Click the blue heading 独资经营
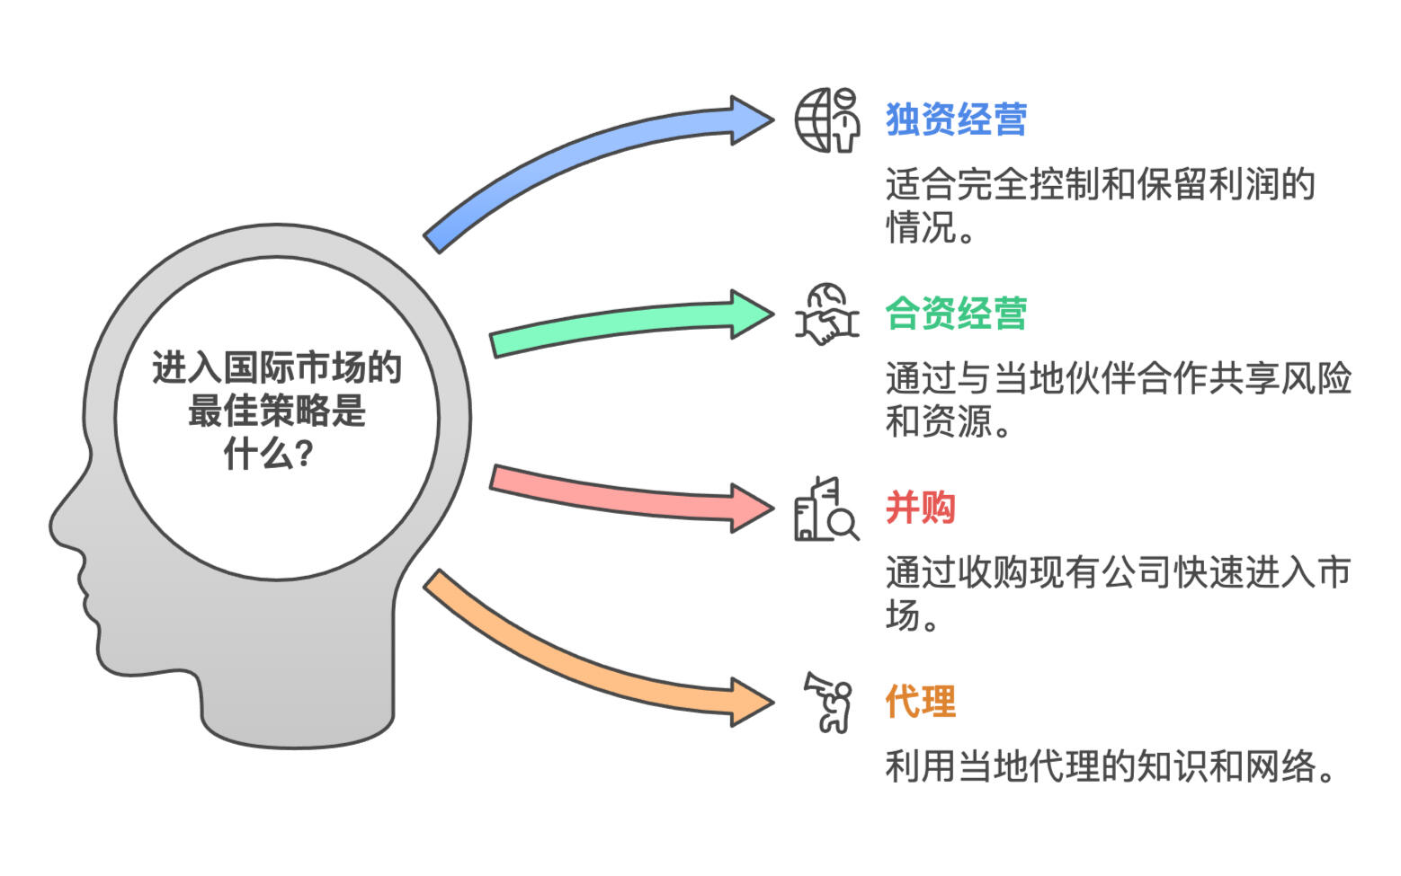click(x=956, y=119)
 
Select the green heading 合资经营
click(x=956, y=314)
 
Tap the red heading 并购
click(x=920, y=508)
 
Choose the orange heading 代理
click(x=920, y=702)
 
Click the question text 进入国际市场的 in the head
click(x=276, y=368)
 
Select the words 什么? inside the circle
click(x=268, y=455)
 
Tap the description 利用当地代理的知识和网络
click(x=1109, y=766)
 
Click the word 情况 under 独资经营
click(x=921, y=227)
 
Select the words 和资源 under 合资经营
click(x=939, y=421)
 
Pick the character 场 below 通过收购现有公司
click(x=903, y=615)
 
